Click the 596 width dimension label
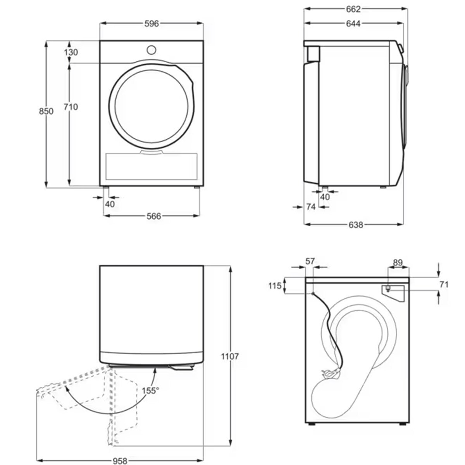pos(152,24)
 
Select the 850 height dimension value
pos(46,111)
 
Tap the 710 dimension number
pos(71,107)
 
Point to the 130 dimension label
pos(71,52)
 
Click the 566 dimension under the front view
pos(153,216)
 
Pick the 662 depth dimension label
pos(353,9)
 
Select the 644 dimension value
pos(353,24)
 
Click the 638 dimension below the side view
pos(355,225)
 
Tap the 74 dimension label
pos(311,207)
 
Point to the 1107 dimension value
pos(230,356)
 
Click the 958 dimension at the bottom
pos(120,458)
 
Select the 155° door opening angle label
pos(150,390)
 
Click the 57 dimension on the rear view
pos(310,262)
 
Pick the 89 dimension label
pos(398,263)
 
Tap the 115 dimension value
pos(275,286)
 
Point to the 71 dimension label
pos(444,284)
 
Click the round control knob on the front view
pos(152,50)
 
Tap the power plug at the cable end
pos(329,374)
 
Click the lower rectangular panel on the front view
pos(152,166)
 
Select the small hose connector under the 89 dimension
pos(387,288)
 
